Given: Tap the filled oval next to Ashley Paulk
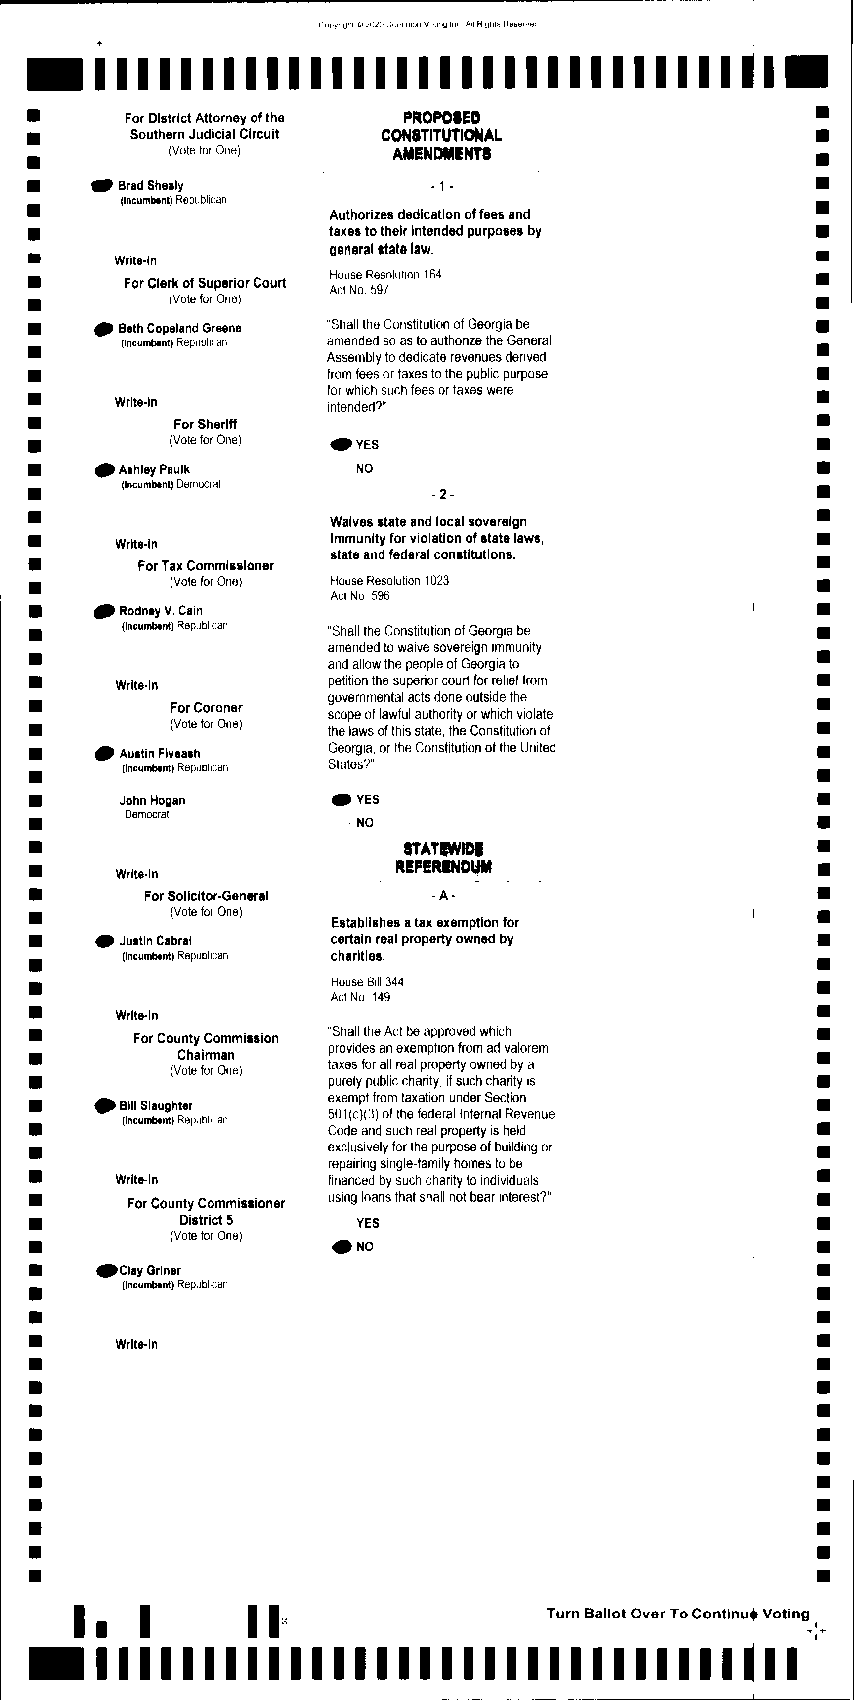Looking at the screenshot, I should pos(105,470).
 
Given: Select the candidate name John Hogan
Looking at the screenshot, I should pos(152,800).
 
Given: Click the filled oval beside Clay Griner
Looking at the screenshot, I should pos(107,1271).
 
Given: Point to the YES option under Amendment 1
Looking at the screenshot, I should pos(367,445).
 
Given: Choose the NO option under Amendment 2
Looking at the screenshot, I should pos(364,823).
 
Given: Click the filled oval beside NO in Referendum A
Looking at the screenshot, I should pos(342,1247).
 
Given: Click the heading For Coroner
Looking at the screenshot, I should pos(206,708).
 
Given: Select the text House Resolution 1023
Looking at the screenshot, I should pos(389,581).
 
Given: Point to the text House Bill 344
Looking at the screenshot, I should pos(367,982).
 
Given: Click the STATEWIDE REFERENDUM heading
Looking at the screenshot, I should pos(443,857).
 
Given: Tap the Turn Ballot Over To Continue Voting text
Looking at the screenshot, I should pos(678,1614).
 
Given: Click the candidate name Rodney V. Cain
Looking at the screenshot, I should pos(161,610).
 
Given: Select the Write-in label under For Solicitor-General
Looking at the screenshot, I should pos(136,1015).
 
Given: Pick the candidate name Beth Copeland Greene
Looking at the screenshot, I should pos(179,328).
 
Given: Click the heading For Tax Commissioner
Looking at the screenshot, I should pos(205,565).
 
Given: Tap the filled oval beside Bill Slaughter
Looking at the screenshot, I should pos(105,1106).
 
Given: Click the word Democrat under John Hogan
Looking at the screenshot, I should pos(146,814).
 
